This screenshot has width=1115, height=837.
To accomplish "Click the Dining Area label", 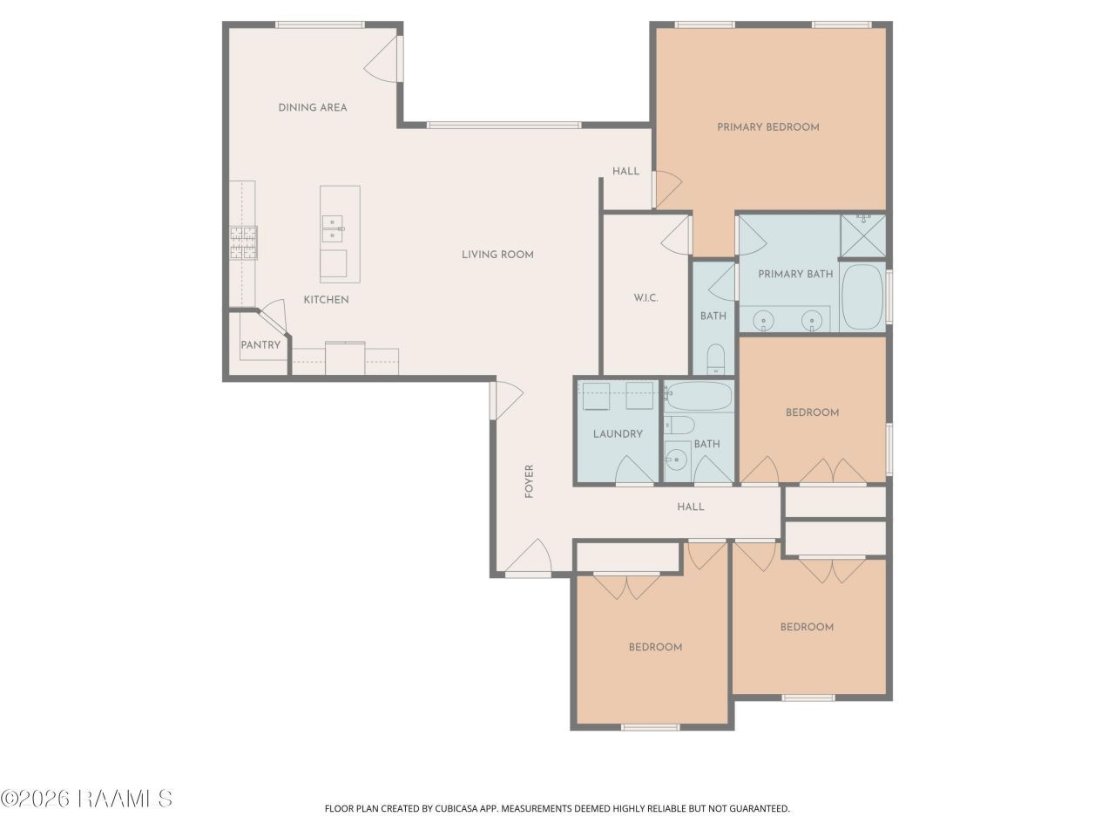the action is click(313, 108).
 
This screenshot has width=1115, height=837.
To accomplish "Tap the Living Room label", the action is click(497, 255).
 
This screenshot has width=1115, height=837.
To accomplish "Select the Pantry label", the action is click(260, 345).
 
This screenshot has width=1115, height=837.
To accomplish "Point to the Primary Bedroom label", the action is click(767, 127).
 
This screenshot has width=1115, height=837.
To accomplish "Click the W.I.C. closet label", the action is click(645, 298).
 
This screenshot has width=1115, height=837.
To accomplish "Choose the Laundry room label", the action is click(618, 434).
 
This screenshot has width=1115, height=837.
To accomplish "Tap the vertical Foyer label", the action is click(529, 481).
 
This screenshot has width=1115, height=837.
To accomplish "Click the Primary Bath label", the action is click(795, 275).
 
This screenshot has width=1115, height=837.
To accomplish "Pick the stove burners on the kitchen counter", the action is click(243, 243).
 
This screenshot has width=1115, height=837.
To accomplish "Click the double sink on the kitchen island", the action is click(332, 228).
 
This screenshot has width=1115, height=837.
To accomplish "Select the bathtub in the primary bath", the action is click(862, 297).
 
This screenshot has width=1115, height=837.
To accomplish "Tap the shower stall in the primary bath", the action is click(863, 235).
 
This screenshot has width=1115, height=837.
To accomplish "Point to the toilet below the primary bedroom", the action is click(716, 360).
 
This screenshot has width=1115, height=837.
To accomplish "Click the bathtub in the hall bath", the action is click(699, 397).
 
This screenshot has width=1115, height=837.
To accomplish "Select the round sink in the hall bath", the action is click(676, 460).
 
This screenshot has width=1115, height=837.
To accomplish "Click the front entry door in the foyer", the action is click(529, 558).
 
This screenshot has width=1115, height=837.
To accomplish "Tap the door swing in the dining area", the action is click(383, 58).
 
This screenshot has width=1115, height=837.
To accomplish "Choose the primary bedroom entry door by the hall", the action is click(667, 189).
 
